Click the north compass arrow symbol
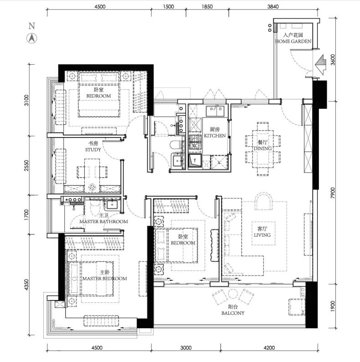click(31, 38)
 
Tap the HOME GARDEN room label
click(293, 41)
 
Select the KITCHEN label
click(215, 136)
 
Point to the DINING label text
click(263, 148)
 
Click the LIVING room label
click(262, 235)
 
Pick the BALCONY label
click(233, 313)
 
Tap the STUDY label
click(93, 150)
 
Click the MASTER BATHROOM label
click(103, 222)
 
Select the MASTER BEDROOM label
click(105, 279)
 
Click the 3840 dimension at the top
click(273, 6)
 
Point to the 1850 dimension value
click(207, 6)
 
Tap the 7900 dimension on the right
click(333, 193)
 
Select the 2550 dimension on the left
click(27, 166)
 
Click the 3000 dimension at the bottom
click(186, 348)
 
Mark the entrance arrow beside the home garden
click(321, 65)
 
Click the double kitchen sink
click(215, 111)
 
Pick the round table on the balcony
click(232, 294)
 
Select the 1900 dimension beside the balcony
click(333, 306)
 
